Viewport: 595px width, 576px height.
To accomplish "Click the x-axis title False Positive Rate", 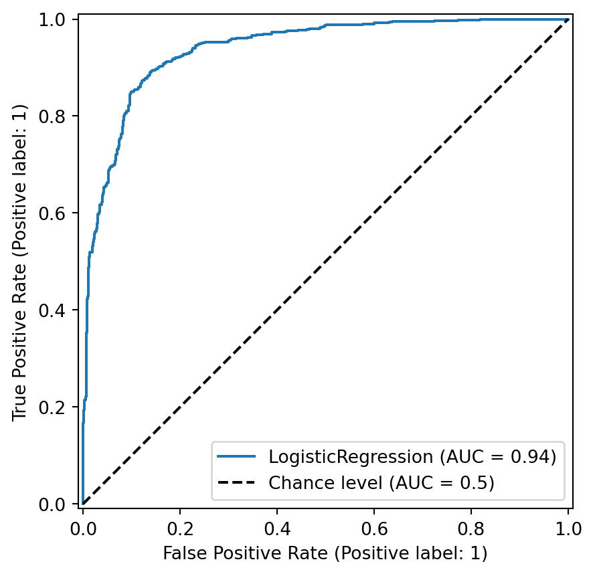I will [x=325, y=554].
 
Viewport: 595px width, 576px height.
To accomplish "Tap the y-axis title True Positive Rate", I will [x=20, y=262].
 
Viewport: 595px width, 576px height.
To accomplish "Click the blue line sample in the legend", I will [x=237, y=457].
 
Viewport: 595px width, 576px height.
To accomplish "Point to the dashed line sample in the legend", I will [x=237, y=482].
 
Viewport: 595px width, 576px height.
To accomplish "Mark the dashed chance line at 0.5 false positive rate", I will [x=325, y=262].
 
